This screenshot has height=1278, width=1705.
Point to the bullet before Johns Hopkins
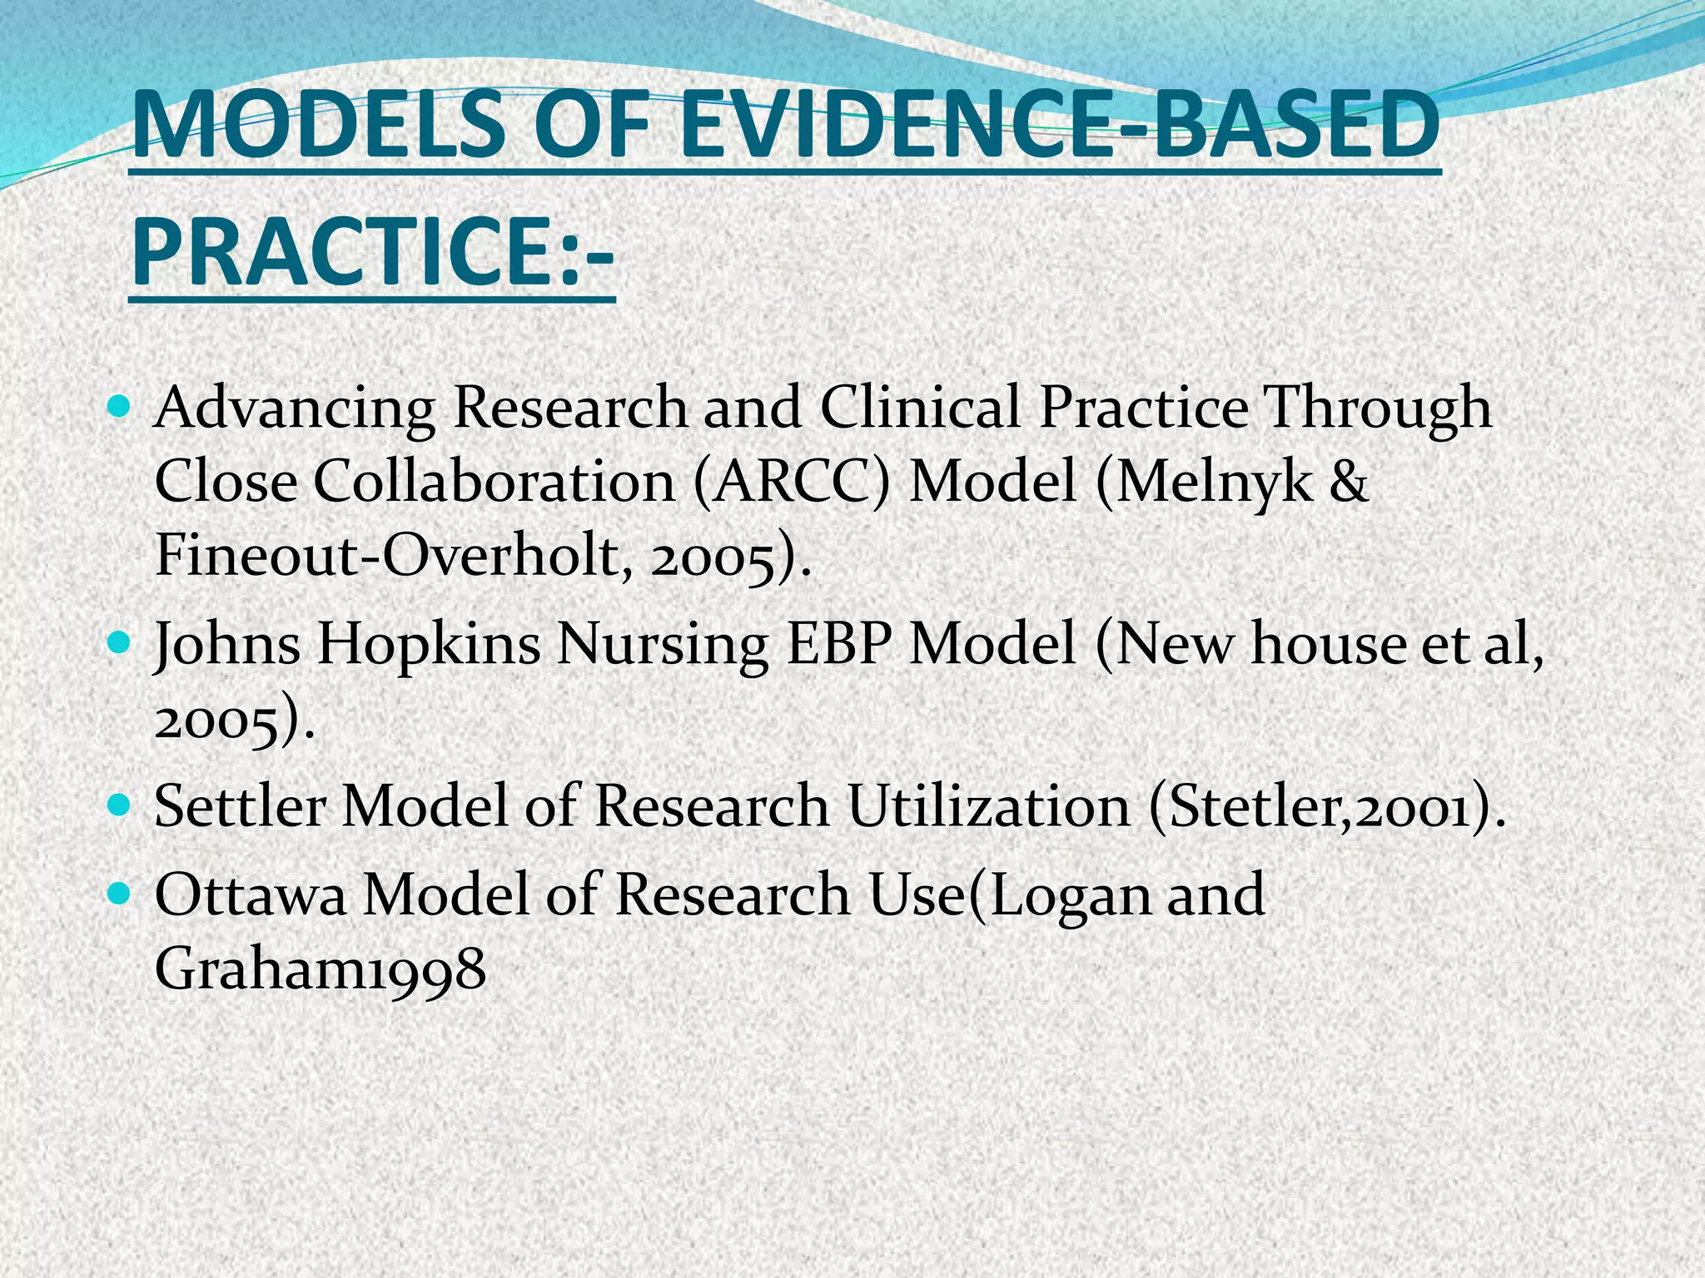coord(120,643)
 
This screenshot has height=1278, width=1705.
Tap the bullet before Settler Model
coord(120,805)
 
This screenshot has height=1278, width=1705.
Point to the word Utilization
coord(988,806)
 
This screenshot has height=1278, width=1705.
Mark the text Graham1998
coord(321,969)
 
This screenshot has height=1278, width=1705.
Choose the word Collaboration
coord(495,482)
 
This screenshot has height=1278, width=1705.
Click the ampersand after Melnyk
coord(1349,482)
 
